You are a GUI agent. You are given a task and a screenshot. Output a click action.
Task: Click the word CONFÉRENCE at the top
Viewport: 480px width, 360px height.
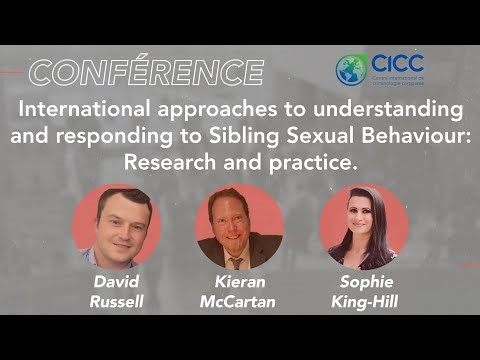pyautogui.click(x=146, y=72)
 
